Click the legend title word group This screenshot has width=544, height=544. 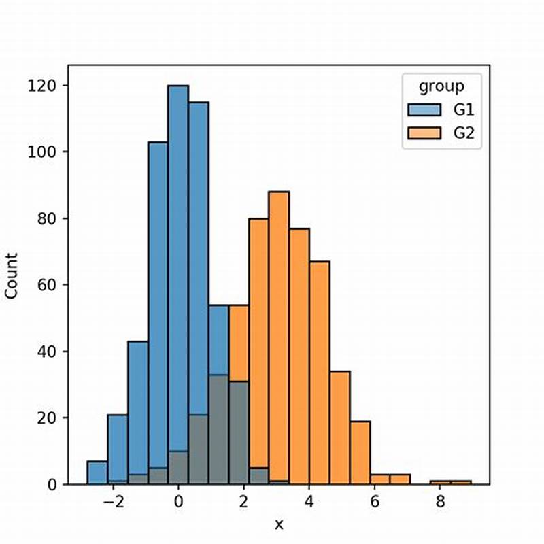441,86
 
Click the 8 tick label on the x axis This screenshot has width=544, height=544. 440,504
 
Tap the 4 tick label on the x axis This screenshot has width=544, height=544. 309,504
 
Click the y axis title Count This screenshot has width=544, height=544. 12,275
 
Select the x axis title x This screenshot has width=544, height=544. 278,524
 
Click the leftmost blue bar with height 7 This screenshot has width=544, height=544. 97,473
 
